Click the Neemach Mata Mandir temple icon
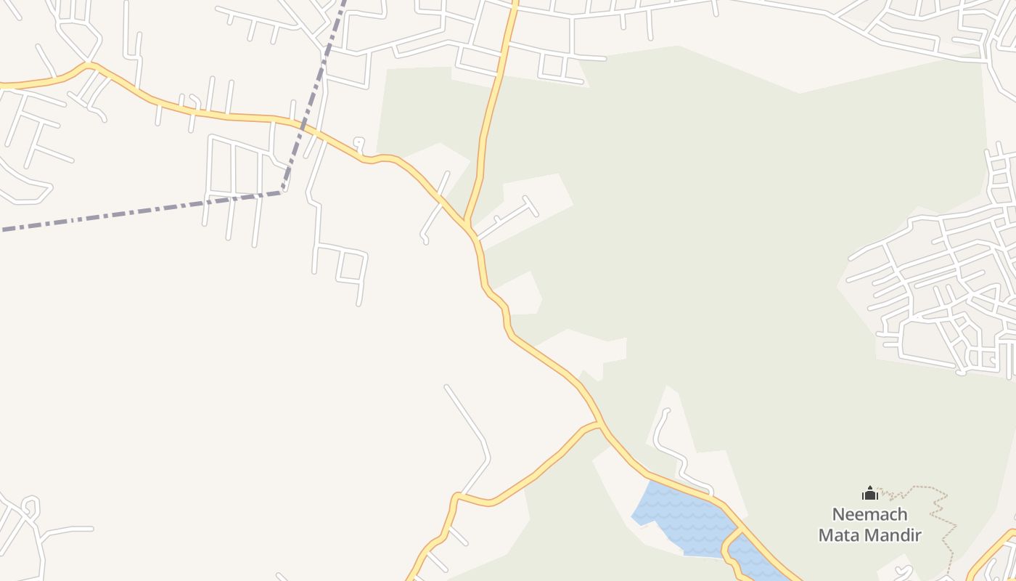(x=870, y=494)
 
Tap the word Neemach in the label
(x=869, y=515)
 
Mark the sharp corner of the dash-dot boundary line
(x=281, y=192)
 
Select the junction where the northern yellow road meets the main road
(x=467, y=223)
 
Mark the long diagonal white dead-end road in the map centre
(x=468, y=421)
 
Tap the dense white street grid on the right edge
(x=943, y=290)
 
